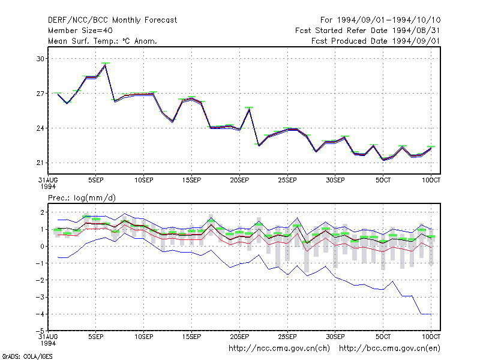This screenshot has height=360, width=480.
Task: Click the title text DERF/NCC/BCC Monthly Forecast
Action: [112, 20]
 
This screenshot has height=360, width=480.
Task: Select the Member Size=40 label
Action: [80, 31]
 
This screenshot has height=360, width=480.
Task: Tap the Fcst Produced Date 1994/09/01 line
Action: [376, 41]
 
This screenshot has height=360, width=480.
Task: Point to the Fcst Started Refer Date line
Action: [367, 31]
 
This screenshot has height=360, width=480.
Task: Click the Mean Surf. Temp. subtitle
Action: [102, 41]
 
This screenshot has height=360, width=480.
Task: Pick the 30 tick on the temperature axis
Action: [40, 59]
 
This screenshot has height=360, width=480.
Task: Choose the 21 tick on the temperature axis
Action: [40, 163]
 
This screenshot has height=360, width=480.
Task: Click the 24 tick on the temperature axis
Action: [40, 128]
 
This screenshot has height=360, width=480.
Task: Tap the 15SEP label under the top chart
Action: [191, 181]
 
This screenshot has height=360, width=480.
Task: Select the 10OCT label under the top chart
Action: [431, 181]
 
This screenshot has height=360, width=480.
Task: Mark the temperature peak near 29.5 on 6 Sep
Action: [106, 65]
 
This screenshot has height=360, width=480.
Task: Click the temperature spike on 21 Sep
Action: [249, 109]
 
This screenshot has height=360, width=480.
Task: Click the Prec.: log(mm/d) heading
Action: [82, 198]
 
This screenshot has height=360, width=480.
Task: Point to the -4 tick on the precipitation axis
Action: [40, 314]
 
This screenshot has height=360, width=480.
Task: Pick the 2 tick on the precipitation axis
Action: [42, 212]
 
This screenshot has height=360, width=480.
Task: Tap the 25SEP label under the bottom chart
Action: [287, 337]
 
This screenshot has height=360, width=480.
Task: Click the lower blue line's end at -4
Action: [431, 314]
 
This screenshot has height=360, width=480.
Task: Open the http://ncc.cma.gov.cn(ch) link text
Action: [279, 349]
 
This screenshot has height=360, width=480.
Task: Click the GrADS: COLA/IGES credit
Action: [28, 356]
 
